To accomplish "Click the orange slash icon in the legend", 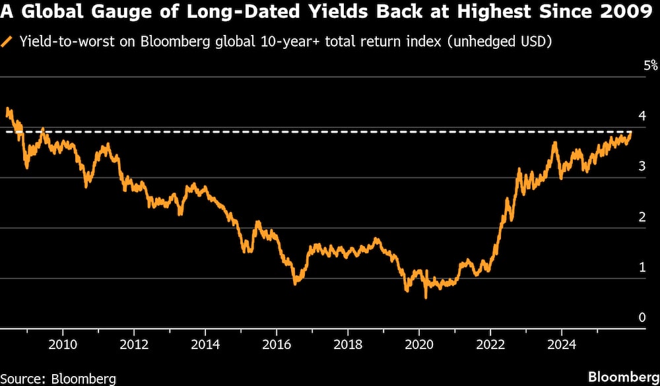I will coord(7,42).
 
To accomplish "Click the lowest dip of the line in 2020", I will coord(426,298).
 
